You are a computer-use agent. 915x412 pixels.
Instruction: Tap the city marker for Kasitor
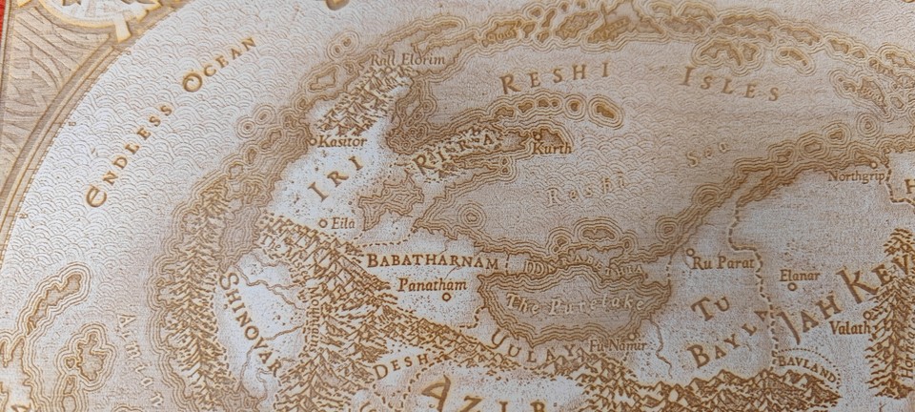[315, 141]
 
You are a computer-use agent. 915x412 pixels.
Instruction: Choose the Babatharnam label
[433, 260]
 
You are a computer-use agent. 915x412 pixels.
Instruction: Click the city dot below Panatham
[445, 297]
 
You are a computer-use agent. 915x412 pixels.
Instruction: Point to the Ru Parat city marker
[690, 253]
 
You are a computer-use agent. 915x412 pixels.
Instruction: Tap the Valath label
[849, 327]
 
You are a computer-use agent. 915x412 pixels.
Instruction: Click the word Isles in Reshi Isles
[730, 85]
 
